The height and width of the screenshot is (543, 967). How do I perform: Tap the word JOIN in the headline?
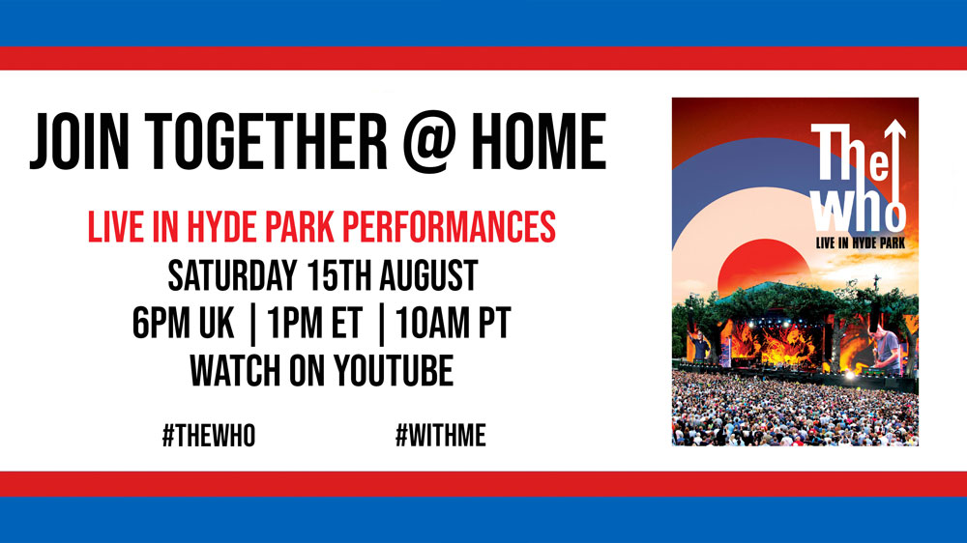[79, 142]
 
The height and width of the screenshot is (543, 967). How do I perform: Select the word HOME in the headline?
[539, 142]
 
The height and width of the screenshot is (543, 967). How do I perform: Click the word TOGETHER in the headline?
[266, 142]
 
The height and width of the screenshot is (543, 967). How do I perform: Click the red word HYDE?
[221, 227]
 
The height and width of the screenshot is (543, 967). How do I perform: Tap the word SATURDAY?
[232, 275]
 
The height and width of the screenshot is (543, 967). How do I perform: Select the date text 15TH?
[337, 275]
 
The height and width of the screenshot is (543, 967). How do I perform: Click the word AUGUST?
[428, 275]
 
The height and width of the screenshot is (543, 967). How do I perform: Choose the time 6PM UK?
[183, 323]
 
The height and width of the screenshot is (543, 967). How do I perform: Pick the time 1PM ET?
[314, 323]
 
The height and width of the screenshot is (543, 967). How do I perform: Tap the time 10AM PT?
[454, 323]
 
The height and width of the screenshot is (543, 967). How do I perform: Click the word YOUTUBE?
[395, 370]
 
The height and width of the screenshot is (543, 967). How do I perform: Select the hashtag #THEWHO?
[209, 436]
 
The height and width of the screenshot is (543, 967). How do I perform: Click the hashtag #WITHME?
[440, 436]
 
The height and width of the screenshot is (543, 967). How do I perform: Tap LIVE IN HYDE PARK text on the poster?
[861, 243]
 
